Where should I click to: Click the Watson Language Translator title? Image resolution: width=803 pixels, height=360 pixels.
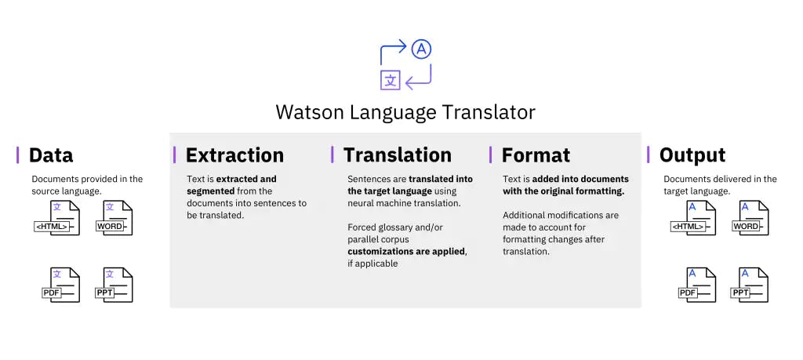coord(405,111)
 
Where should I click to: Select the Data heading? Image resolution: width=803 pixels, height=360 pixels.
coord(51,155)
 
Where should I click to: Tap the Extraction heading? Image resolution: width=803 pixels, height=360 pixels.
coord(234,155)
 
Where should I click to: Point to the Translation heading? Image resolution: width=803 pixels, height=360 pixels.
coord(398,155)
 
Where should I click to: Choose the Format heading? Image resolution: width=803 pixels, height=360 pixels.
coord(536,155)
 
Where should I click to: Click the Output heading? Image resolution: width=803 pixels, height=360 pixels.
coord(692,155)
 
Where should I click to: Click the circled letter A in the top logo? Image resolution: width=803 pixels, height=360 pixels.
coord(422,49)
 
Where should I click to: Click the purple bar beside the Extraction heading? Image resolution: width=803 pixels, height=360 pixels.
coord(175,155)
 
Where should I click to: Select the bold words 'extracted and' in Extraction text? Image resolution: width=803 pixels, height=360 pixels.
coord(246,179)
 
